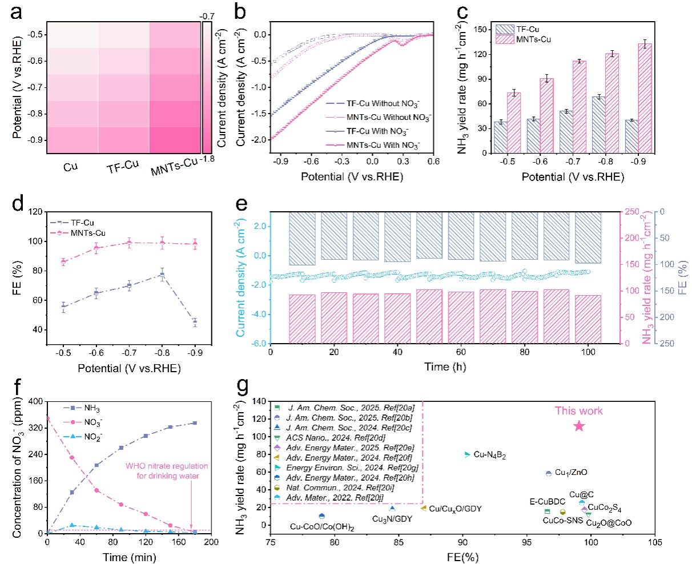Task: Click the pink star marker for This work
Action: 579,425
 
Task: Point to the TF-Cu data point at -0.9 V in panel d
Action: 195,321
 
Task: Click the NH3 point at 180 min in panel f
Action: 195,423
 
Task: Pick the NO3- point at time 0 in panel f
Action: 47,418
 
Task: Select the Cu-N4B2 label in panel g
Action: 489,455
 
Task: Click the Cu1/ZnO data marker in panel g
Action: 549,473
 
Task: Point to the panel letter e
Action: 245,204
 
